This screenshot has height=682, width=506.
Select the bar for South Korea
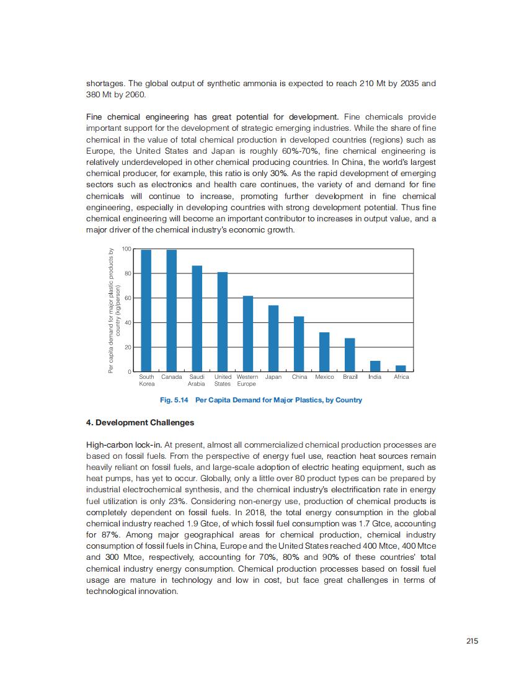(x=146, y=310)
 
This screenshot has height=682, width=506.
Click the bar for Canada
(x=172, y=310)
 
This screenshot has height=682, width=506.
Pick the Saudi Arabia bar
(x=197, y=318)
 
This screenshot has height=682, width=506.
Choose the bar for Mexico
(x=324, y=352)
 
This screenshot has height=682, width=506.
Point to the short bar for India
(x=375, y=366)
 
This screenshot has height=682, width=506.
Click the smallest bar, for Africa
(x=401, y=368)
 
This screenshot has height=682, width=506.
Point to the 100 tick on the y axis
(x=126, y=249)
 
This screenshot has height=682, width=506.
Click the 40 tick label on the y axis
(x=128, y=322)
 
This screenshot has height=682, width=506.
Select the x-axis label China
(x=300, y=377)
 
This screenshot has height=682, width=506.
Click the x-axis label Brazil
(x=350, y=377)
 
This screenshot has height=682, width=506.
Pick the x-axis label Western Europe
(x=247, y=380)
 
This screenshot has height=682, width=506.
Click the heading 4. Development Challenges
(x=140, y=423)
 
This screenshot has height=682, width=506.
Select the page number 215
(x=473, y=641)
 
